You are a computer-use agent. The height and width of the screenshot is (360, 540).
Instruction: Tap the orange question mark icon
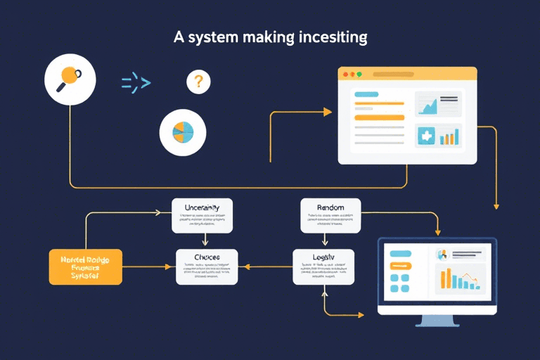tap(198, 82)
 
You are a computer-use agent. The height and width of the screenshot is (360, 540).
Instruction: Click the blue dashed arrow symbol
tap(136, 83)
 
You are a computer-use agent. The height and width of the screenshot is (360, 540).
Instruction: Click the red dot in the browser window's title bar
tap(345, 73)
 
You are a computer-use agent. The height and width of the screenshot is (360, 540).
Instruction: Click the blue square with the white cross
tap(426, 136)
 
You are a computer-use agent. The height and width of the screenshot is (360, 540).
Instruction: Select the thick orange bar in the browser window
tap(379, 117)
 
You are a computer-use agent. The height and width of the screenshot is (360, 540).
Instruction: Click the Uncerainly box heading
tap(202, 207)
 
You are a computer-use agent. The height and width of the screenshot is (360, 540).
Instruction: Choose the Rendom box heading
tap(330, 207)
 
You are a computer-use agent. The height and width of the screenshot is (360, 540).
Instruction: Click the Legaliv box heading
tap(323, 257)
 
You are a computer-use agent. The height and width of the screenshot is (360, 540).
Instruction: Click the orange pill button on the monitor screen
tap(399, 266)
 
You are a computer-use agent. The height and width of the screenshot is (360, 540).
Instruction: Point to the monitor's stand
tap(437, 321)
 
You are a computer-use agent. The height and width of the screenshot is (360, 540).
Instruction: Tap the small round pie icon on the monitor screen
tap(442, 255)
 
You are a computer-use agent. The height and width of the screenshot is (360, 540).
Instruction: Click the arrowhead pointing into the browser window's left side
tap(327, 111)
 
